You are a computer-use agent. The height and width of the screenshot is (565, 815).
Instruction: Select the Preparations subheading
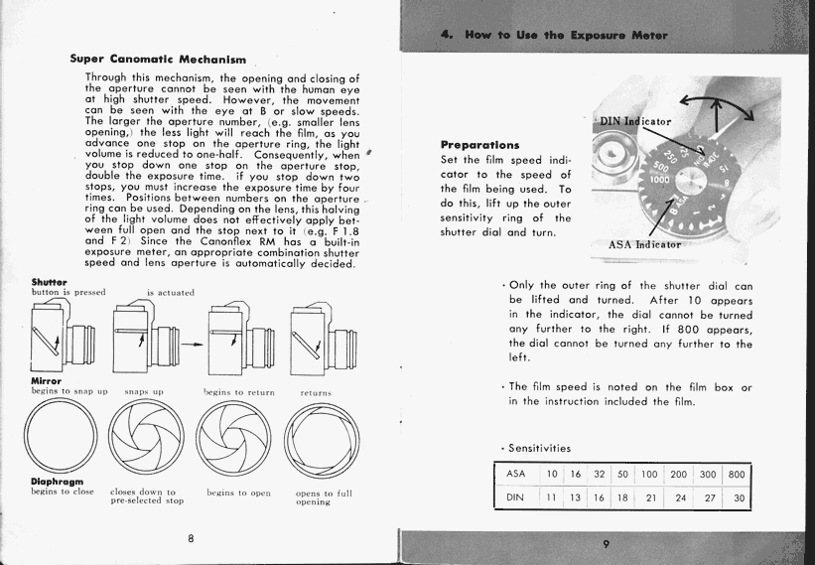tap(479, 145)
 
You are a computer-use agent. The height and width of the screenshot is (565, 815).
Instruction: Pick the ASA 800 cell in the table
tap(736, 476)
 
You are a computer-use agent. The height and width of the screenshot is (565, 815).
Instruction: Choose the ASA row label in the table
tap(515, 476)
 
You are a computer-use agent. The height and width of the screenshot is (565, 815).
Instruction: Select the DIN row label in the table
tap(515, 496)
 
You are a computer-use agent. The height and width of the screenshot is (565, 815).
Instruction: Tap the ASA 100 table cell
tap(649, 476)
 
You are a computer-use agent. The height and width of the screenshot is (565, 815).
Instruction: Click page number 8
tap(190, 538)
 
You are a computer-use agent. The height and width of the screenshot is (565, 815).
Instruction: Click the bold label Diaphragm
tap(56, 482)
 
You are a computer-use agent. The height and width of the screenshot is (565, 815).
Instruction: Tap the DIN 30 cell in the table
tap(738, 496)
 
